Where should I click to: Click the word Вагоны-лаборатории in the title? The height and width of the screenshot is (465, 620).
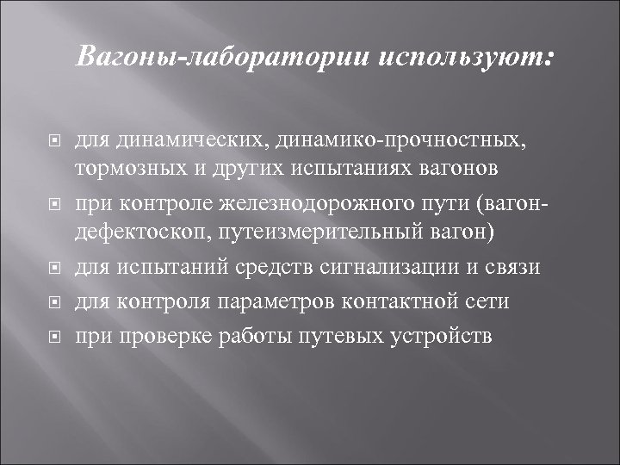(x=222, y=58)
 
